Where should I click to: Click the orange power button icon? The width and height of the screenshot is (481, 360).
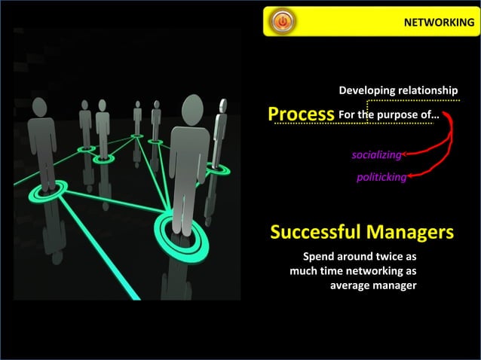coord(282,22)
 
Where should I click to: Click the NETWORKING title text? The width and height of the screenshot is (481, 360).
coord(439,23)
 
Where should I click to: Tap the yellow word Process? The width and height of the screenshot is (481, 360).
coord(301,114)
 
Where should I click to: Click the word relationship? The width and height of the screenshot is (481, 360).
coord(430,91)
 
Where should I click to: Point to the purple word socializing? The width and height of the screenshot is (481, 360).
coord(376,155)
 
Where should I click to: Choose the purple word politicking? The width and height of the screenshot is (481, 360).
coord(381,178)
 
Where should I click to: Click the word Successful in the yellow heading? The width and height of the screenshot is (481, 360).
coord(314,232)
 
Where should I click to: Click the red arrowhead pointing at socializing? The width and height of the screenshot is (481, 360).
coord(406,154)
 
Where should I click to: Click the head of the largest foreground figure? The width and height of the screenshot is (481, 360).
coord(194,108)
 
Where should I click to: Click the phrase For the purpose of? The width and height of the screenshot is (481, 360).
coord(388,115)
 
